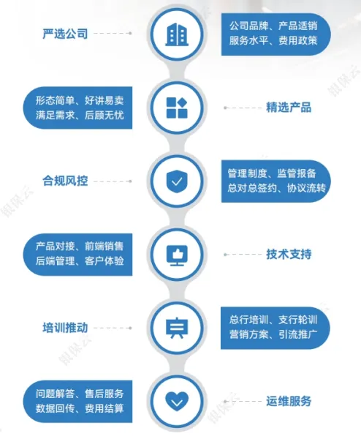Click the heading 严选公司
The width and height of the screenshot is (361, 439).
[x=65, y=34]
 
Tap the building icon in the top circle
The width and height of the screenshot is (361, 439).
[x=177, y=34]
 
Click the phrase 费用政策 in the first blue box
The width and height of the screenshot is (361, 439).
[x=298, y=40]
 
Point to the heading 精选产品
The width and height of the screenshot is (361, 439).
[x=289, y=108]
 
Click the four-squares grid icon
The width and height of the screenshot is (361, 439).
[x=177, y=108]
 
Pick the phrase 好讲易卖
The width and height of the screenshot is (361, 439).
[x=104, y=100]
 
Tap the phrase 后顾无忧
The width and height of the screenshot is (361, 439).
[x=104, y=115]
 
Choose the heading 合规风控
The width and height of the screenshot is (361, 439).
[x=65, y=181]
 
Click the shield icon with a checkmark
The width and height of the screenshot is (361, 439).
[x=177, y=181]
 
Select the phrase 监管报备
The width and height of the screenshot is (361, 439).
[x=297, y=173]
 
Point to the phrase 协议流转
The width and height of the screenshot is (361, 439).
[x=306, y=188]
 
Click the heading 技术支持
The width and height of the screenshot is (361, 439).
[x=289, y=254]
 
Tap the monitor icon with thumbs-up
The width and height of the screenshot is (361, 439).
[x=177, y=255]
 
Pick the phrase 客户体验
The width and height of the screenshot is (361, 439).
[x=104, y=261]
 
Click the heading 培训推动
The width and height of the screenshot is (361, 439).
[x=65, y=328]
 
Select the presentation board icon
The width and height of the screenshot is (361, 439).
[x=177, y=328]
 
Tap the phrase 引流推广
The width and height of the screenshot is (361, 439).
[x=298, y=334]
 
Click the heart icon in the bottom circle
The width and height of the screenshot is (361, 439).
[x=177, y=401]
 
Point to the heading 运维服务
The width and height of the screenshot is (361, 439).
[x=289, y=401]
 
